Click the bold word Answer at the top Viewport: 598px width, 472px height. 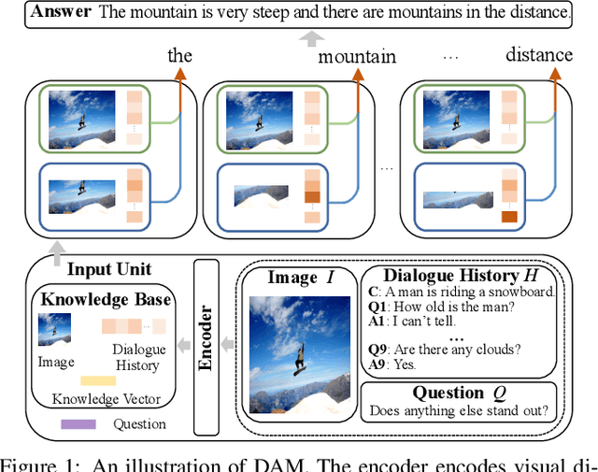(x=60, y=12)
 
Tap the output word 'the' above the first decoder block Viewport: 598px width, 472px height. (x=179, y=55)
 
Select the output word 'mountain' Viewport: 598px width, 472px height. (x=357, y=56)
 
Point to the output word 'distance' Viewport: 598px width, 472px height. (x=539, y=54)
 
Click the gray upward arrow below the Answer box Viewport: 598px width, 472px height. (x=308, y=38)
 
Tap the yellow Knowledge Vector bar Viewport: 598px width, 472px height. (x=99, y=380)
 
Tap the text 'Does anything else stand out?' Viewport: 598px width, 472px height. (x=459, y=409)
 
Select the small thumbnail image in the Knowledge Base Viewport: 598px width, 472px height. (x=53, y=329)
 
